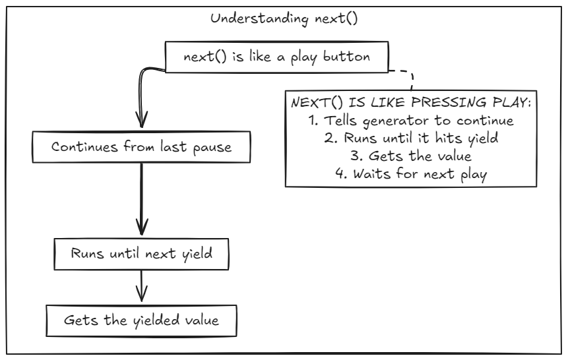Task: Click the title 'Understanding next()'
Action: click(284, 18)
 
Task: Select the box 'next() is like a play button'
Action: click(276, 57)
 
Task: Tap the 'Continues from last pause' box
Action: click(142, 147)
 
